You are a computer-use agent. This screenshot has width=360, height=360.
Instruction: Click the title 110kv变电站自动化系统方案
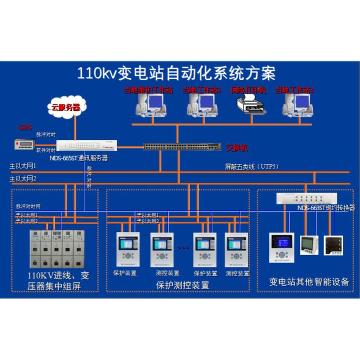(176, 73)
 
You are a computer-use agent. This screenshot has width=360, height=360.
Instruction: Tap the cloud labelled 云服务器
(66, 107)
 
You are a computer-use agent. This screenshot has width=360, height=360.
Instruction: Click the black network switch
(182, 146)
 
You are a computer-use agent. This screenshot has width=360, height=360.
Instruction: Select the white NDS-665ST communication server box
(87, 145)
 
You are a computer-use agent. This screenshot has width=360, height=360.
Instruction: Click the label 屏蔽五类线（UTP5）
(252, 167)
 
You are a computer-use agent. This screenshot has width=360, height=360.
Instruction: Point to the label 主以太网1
(23, 166)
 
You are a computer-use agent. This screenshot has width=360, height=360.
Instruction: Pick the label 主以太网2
(23, 178)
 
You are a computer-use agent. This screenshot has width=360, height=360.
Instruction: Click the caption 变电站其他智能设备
(309, 282)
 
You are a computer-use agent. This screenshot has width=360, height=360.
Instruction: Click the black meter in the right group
(333, 245)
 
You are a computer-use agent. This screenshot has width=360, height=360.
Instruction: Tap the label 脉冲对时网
(28, 206)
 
